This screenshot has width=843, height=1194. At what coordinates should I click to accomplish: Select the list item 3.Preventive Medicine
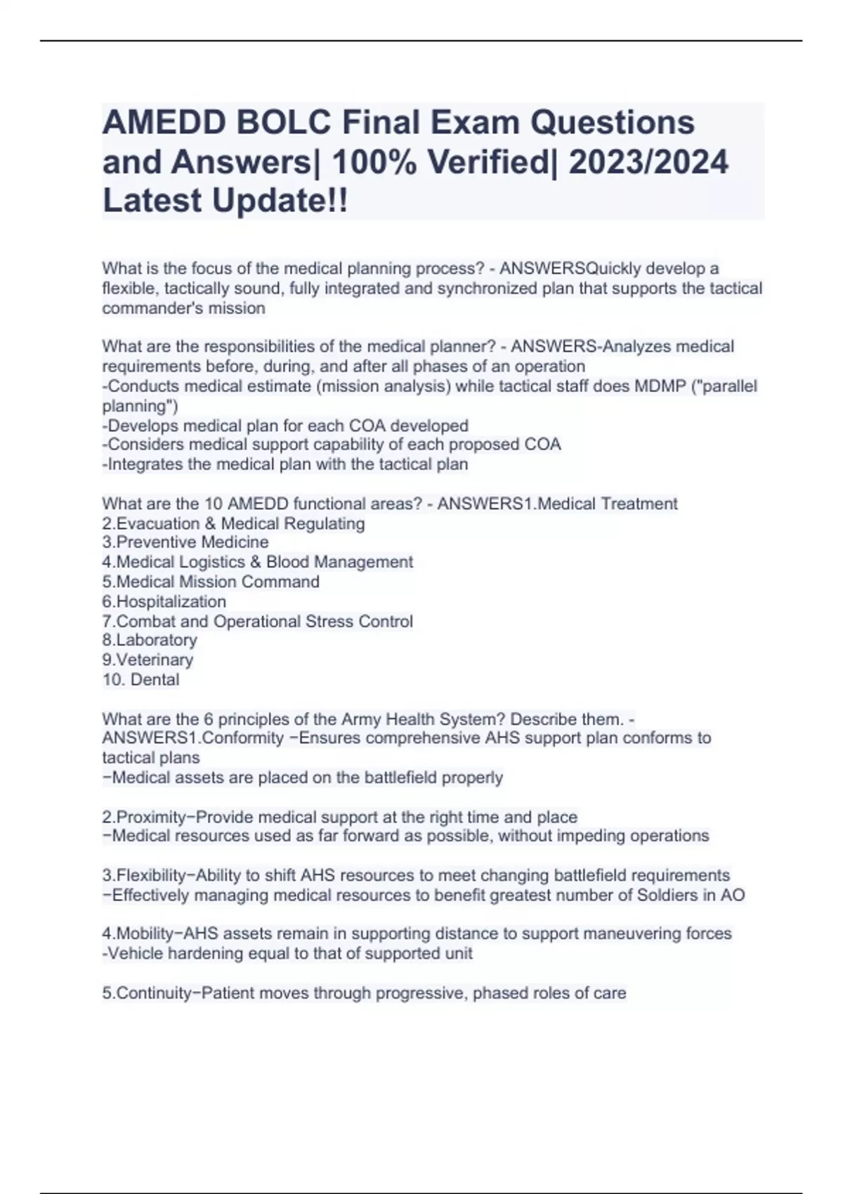click(185, 542)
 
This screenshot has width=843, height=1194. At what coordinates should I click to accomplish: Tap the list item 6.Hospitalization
click(164, 601)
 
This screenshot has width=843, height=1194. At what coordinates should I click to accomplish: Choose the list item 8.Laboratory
click(150, 640)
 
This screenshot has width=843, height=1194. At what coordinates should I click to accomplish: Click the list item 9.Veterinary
click(148, 660)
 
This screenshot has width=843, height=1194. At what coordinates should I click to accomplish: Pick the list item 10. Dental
click(140, 679)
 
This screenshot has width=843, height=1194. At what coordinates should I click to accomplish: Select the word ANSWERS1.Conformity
click(193, 738)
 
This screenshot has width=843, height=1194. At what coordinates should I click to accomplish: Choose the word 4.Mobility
click(141, 933)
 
